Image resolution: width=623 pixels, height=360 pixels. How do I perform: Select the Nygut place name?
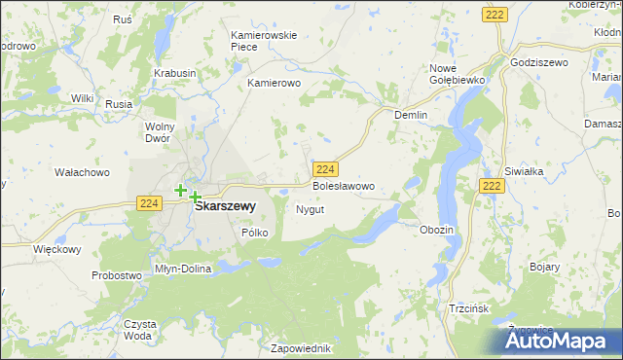click(x=310, y=209)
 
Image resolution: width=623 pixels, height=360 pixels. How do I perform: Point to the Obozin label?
click(x=436, y=230)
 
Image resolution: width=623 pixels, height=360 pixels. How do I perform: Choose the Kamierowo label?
click(x=275, y=84)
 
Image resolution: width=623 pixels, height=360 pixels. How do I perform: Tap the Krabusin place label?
click(x=175, y=73)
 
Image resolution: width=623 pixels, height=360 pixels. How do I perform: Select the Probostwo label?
click(x=118, y=275)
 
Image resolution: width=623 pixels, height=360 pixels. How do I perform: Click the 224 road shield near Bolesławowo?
click(x=327, y=168)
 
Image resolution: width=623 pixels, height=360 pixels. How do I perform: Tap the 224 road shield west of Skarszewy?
click(x=148, y=202)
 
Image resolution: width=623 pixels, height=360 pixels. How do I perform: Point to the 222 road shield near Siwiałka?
click(x=492, y=185)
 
